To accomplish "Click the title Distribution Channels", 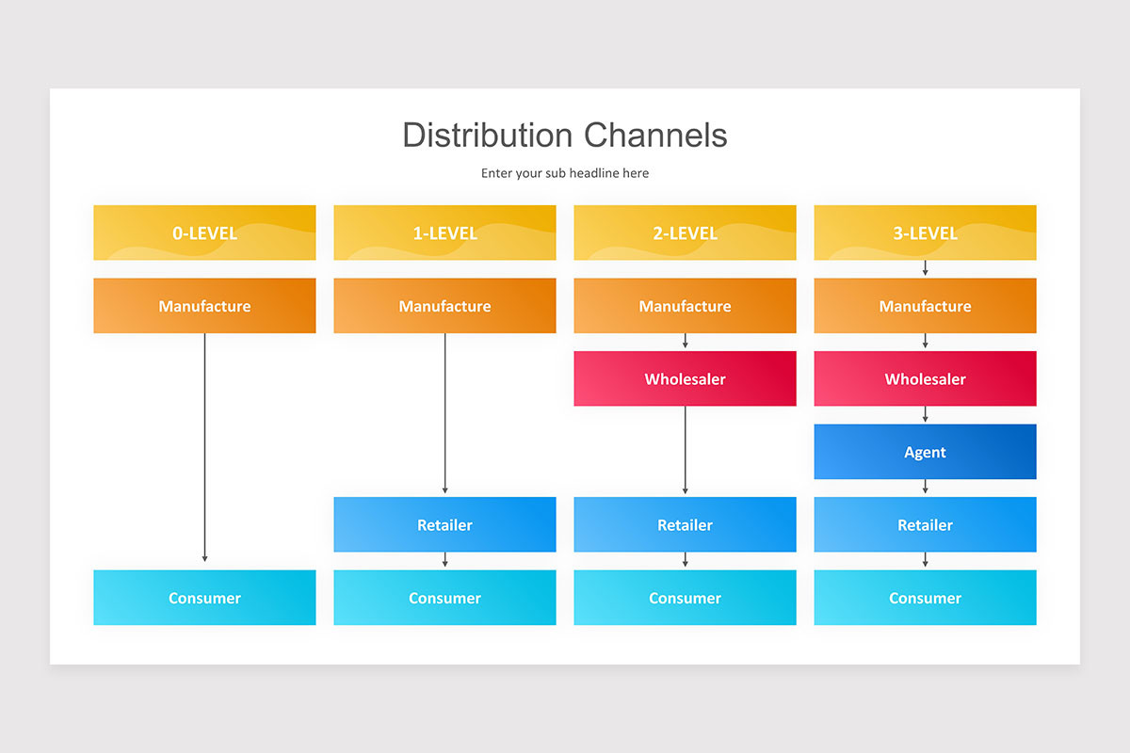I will [565, 135].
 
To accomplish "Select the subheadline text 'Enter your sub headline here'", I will [565, 173].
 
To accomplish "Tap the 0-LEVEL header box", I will [204, 232].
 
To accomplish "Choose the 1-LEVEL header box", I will [444, 232].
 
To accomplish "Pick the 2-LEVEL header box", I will [685, 232].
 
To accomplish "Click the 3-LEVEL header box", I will [925, 232].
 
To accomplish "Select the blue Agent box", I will [925, 452].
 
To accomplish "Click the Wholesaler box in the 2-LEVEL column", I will [685, 379].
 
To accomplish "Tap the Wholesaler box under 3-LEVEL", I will [925, 379].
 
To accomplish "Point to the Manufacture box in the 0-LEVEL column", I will [204, 306].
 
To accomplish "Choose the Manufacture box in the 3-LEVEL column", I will [925, 306].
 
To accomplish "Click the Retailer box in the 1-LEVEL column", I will [444, 524].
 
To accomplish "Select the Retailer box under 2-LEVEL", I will [685, 524].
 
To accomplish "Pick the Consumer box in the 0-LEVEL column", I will [204, 598].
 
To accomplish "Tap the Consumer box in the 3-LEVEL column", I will [925, 598].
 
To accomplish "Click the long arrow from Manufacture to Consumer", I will [204, 447].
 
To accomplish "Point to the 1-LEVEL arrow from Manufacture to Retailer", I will [444, 414].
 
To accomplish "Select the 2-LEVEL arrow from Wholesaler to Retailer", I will [685, 450].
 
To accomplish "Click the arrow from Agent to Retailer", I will [925, 488].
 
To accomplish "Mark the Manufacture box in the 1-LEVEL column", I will [444, 306].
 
